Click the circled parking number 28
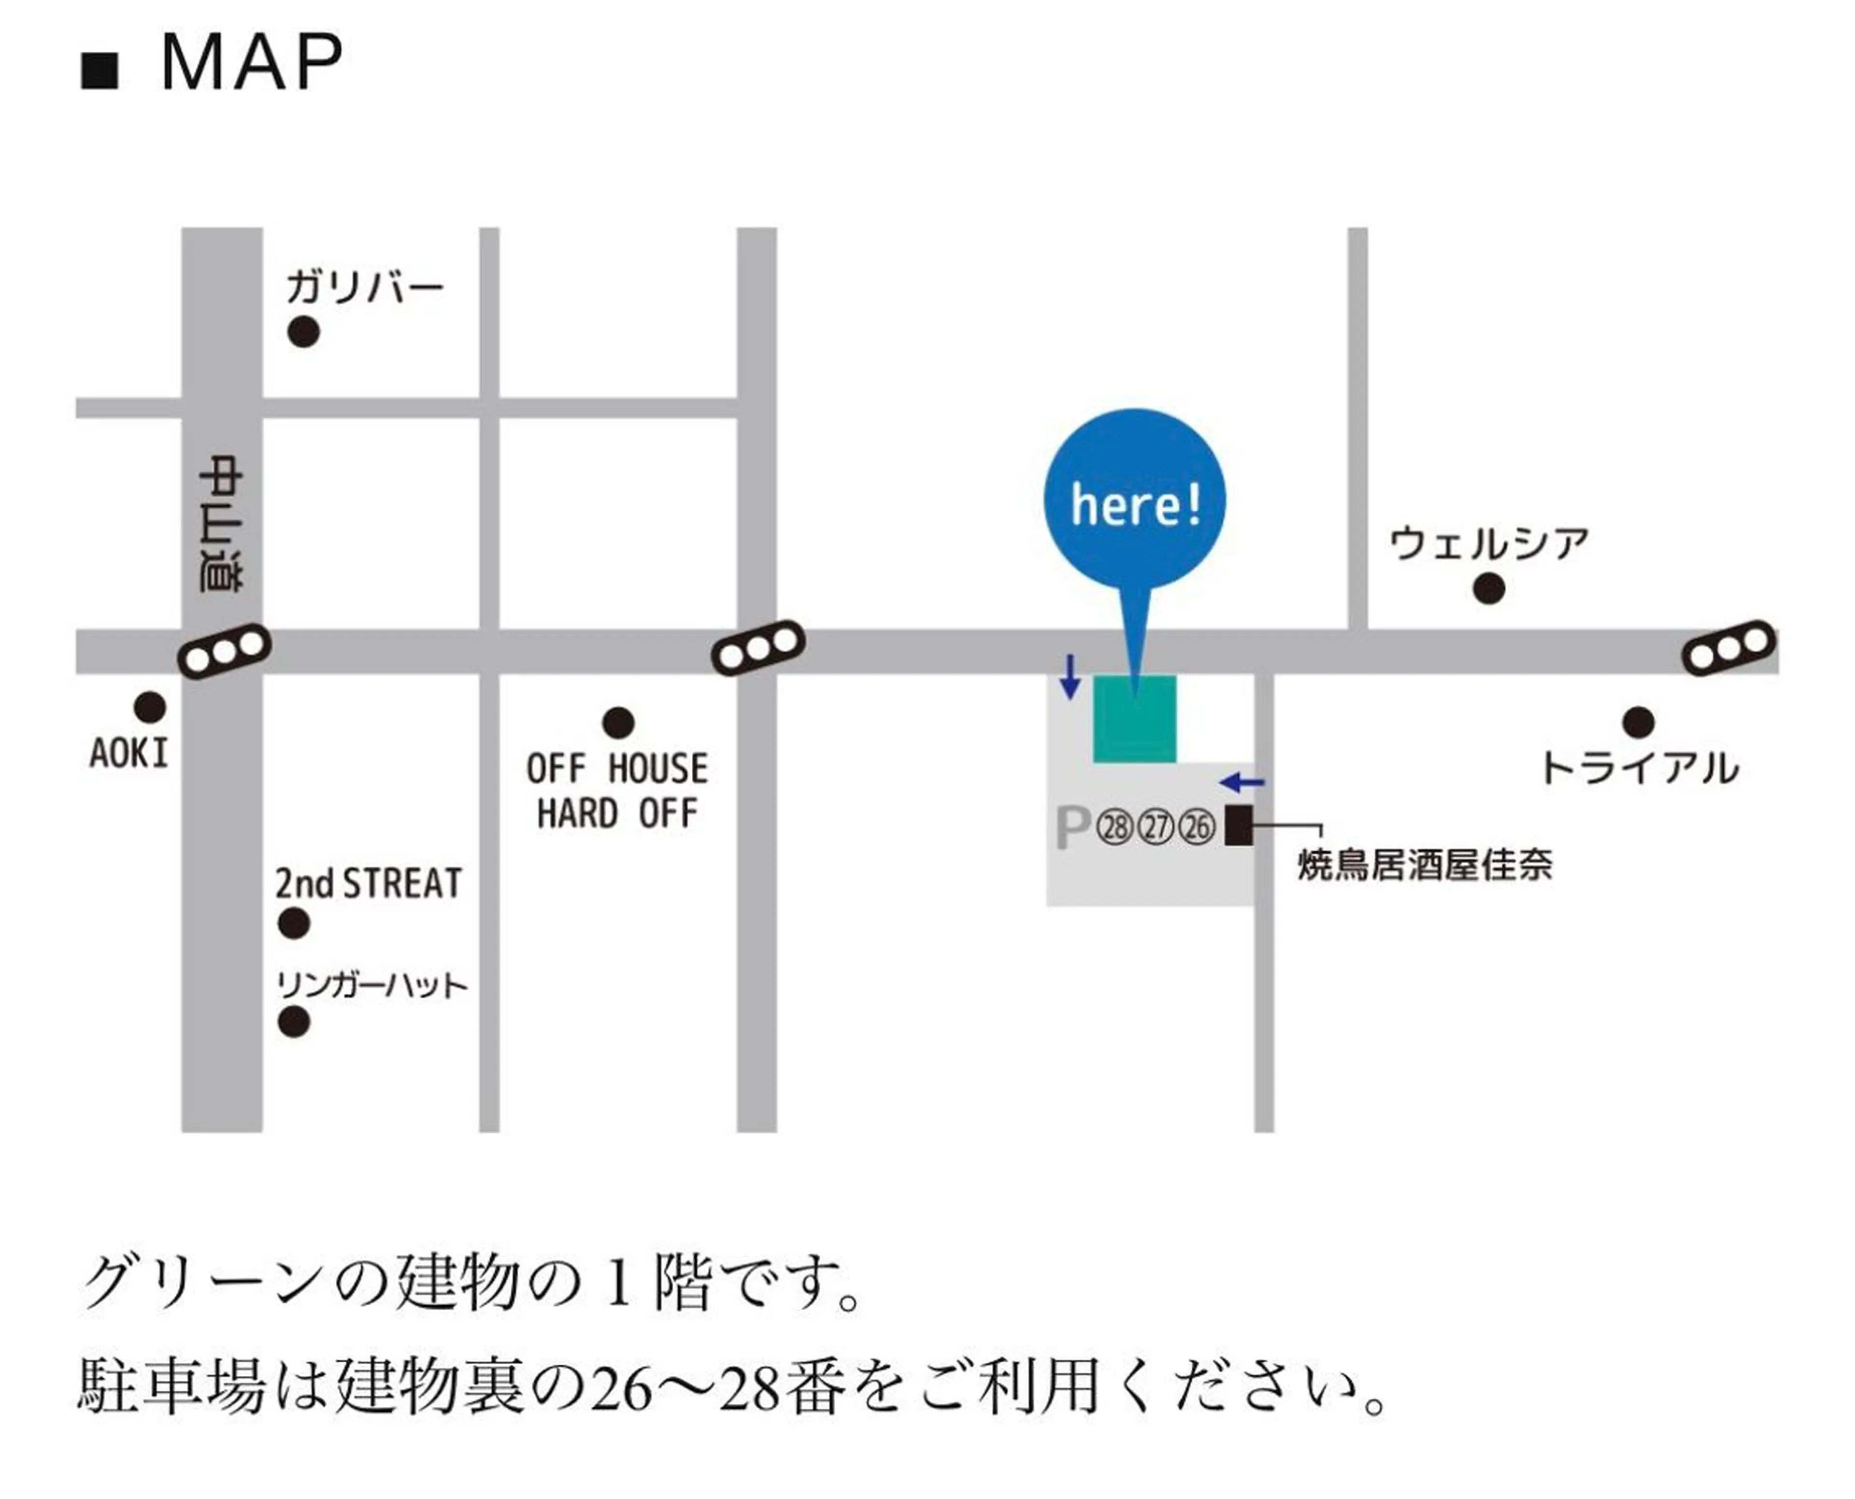point(1114,827)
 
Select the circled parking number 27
point(1156,827)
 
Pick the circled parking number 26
point(1197,827)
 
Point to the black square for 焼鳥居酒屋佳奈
point(1239,825)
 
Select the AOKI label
point(128,754)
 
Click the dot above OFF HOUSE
point(617,722)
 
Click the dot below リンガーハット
point(294,1022)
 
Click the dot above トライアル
point(1637,722)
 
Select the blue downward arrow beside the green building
point(1070,677)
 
